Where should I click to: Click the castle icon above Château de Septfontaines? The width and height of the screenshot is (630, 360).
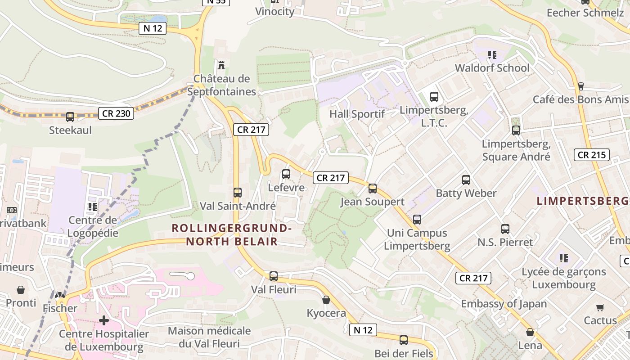click(221, 65)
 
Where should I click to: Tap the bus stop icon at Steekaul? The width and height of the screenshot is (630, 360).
click(70, 117)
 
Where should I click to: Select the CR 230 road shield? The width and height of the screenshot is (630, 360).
click(117, 113)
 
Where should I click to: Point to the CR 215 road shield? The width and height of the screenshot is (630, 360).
click(592, 155)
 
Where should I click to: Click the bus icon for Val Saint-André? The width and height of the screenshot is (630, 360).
click(238, 193)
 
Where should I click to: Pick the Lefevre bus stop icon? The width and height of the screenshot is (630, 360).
click(286, 174)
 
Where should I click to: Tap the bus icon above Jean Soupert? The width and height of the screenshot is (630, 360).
click(373, 189)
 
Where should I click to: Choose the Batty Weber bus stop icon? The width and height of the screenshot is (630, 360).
click(466, 180)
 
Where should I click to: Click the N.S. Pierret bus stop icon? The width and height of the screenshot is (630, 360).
click(505, 229)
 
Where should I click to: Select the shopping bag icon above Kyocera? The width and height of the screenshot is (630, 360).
click(326, 300)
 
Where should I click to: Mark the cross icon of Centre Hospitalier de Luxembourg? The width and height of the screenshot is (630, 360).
click(104, 320)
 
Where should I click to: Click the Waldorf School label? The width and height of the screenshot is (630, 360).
click(492, 68)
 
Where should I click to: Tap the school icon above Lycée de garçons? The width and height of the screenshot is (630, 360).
click(563, 258)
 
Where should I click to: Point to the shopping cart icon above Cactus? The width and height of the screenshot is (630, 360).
click(600, 307)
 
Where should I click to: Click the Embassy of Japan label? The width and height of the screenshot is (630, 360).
click(504, 304)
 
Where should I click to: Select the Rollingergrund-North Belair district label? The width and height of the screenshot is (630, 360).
click(232, 235)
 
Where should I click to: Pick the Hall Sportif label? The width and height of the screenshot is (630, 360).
click(357, 114)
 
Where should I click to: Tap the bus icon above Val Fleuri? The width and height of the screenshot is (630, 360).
click(274, 276)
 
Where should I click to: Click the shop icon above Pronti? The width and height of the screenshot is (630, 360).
click(21, 289)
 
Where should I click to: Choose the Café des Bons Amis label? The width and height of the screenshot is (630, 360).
click(580, 99)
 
